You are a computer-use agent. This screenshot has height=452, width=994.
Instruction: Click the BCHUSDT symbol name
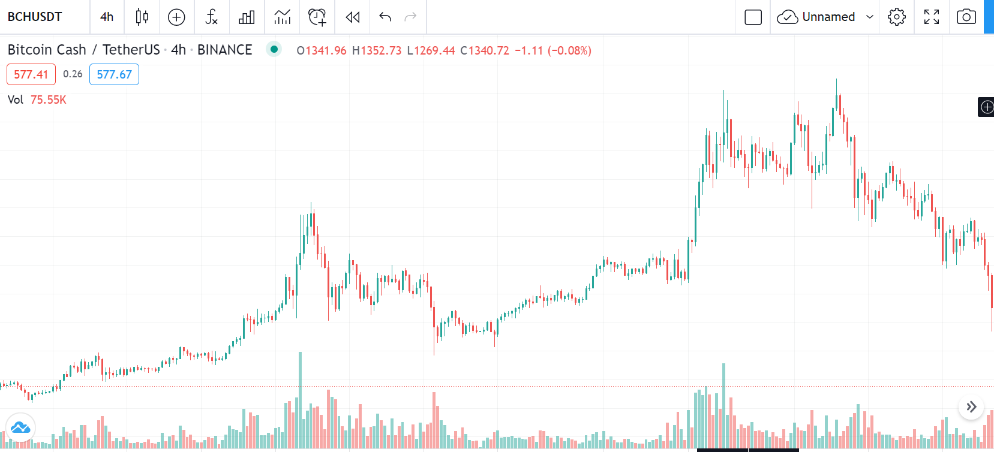pyautogui.click(x=35, y=17)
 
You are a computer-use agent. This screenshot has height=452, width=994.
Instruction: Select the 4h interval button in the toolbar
pyautogui.click(x=107, y=17)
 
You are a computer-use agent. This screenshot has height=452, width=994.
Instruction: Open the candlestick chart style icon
pyautogui.click(x=142, y=17)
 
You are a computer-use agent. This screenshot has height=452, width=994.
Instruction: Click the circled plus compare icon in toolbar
pyautogui.click(x=176, y=17)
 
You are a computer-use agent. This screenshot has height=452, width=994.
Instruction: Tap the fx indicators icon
pyautogui.click(x=211, y=17)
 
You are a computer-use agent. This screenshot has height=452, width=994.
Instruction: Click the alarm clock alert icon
pyautogui.click(x=317, y=17)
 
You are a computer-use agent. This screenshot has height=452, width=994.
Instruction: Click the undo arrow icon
pyautogui.click(x=385, y=17)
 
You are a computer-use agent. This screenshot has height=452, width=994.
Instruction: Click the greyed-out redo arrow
pyautogui.click(x=411, y=17)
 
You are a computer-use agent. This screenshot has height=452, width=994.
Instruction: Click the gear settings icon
pyautogui.click(x=896, y=17)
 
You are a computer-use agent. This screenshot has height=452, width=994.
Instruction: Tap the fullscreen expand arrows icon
pyautogui.click(x=932, y=17)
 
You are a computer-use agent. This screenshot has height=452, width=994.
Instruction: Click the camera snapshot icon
pyautogui.click(x=966, y=17)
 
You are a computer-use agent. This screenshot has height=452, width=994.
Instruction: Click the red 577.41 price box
pyautogui.click(x=31, y=74)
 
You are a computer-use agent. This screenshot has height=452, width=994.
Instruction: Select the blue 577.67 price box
pyautogui.click(x=114, y=74)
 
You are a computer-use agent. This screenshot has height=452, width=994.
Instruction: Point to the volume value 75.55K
pyautogui.click(x=49, y=100)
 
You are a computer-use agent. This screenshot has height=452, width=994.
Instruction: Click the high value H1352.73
pyautogui.click(x=377, y=50)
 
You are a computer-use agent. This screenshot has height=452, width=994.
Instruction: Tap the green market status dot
pyautogui.click(x=274, y=49)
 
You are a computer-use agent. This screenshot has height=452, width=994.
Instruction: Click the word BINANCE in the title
pyautogui.click(x=224, y=50)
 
